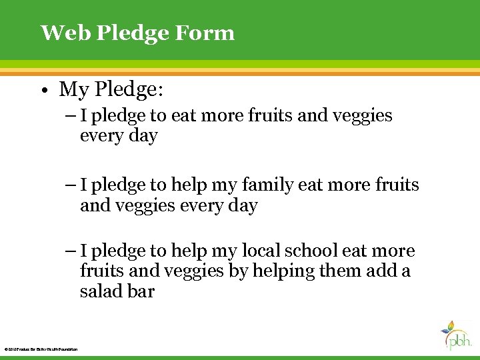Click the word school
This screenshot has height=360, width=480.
pyautogui.click(x=311, y=251)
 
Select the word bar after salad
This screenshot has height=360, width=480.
pyautogui.click(x=141, y=291)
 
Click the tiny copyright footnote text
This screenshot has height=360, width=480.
pyautogui.click(x=41, y=349)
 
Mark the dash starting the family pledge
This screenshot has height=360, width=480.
pyautogui.click(x=71, y=185)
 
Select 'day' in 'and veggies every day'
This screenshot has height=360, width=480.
pyautogui.click(x=243, y=205)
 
